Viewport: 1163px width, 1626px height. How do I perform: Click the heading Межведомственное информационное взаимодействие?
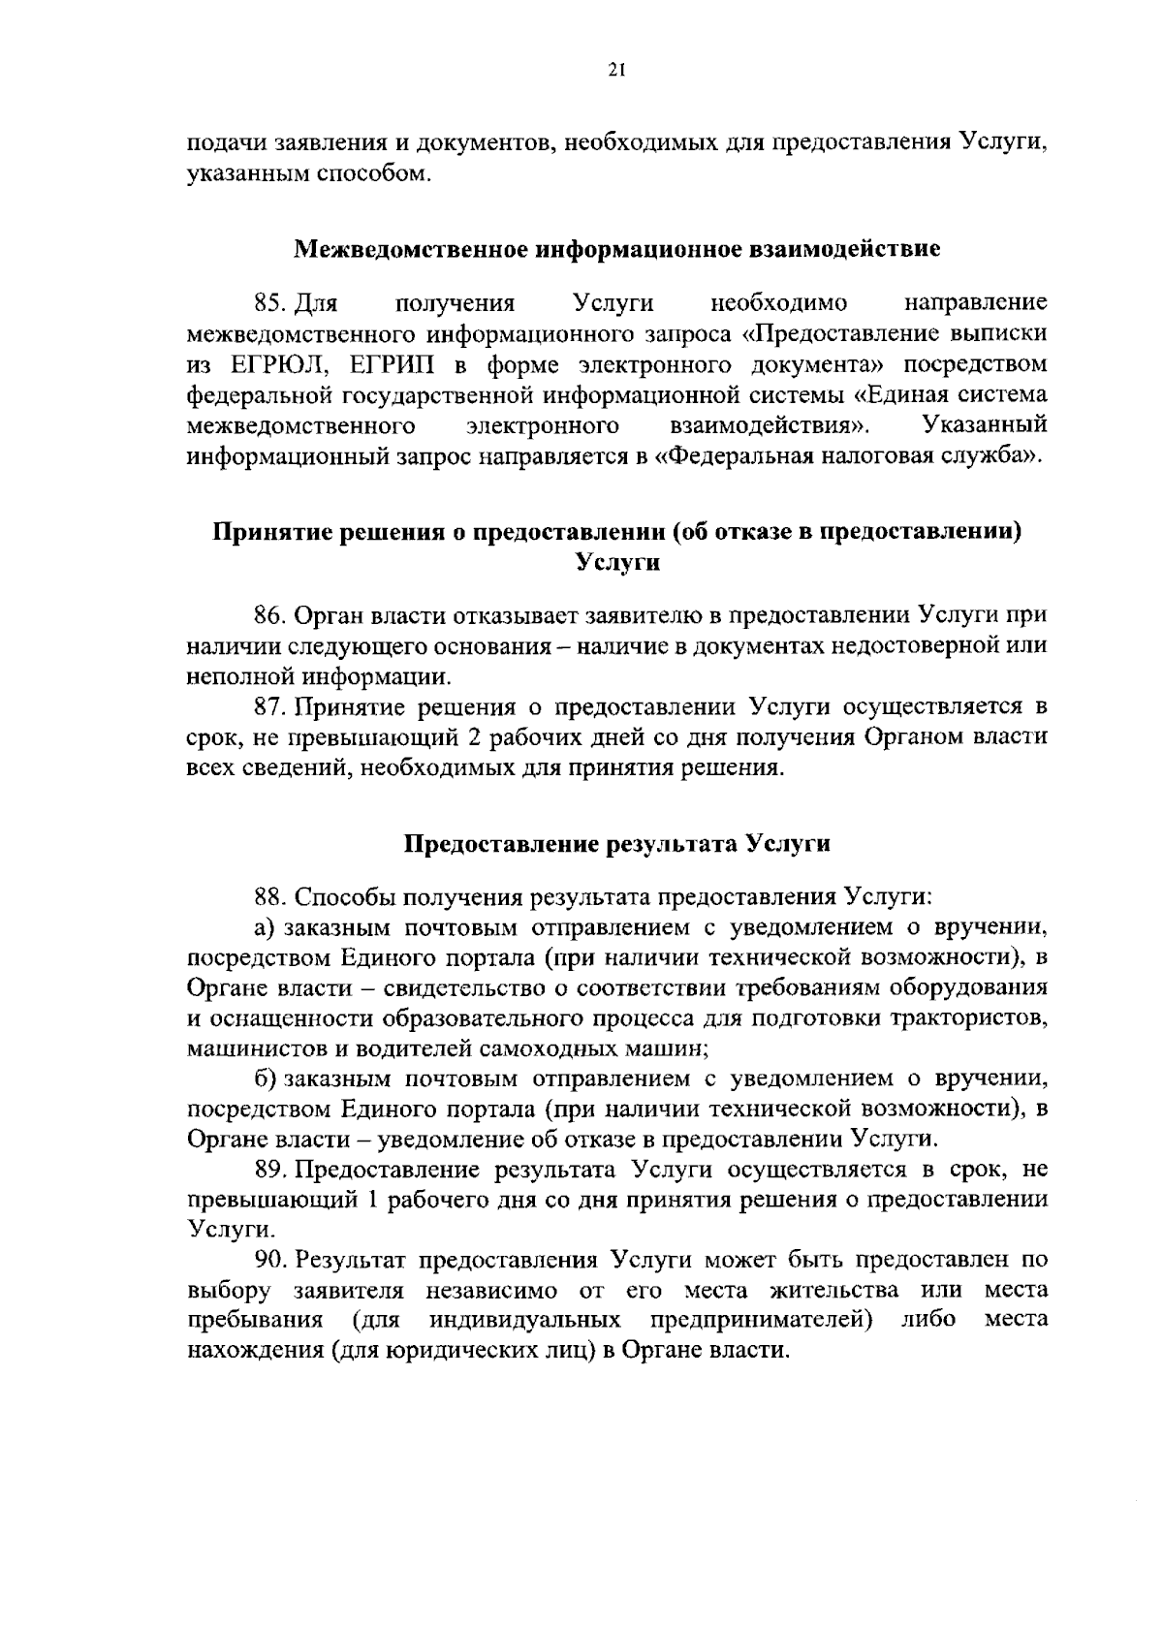617,249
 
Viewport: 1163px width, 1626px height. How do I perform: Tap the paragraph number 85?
267,304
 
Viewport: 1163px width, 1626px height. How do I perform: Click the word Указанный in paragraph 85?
985,425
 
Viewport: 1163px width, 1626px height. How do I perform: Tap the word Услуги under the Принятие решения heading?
617,562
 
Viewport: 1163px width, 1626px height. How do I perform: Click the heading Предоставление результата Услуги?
617,844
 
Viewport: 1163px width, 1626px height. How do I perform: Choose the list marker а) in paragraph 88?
266,927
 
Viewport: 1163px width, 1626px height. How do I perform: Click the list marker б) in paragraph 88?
266,1079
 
